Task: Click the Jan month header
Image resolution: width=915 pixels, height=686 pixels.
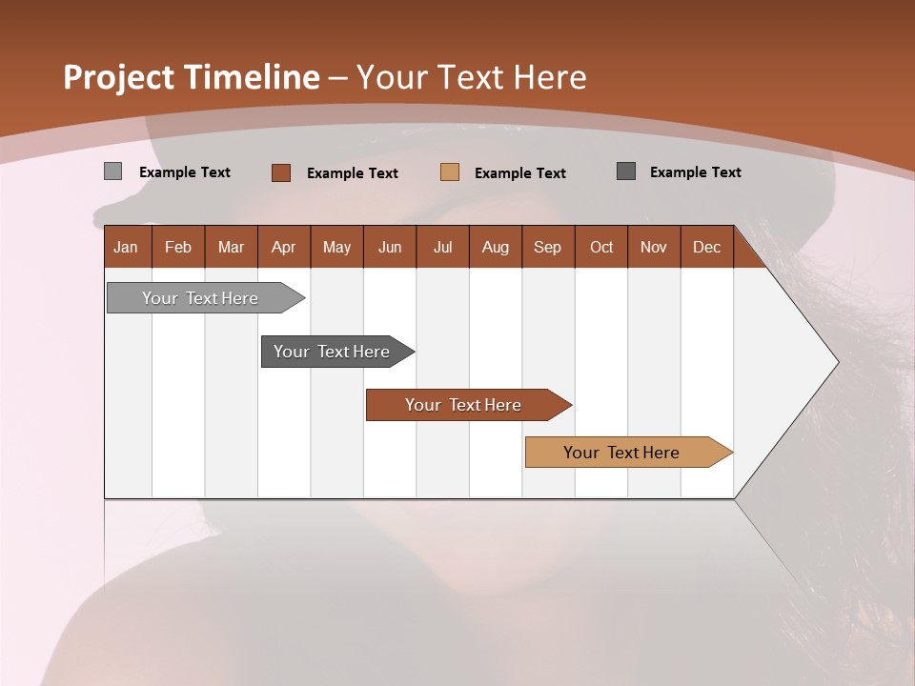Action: tap(126, 247)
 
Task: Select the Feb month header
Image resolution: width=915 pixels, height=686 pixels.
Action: tap(178, 247)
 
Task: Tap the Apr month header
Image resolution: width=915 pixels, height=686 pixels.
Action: tap(283, 247)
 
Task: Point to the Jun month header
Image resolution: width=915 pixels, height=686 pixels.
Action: tap(390, 247)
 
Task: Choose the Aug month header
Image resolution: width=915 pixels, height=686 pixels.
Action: tap(495, 247)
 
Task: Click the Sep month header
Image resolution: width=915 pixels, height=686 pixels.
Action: tap(547, 247)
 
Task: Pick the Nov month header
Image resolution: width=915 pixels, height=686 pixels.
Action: tap(653, 247)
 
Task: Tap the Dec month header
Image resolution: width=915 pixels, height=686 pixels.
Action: tap(706, 247)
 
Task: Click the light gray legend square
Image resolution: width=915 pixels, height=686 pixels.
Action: tap(112, 171)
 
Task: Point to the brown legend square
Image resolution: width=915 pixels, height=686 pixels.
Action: tap(280, 172)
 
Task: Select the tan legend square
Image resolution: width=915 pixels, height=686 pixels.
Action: tap(450, 172)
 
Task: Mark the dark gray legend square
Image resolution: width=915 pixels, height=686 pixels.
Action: tap(626, 171)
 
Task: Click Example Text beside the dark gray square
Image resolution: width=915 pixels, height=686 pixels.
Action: tap(695, 172)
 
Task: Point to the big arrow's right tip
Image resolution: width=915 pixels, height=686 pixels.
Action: tap(837, 362)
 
